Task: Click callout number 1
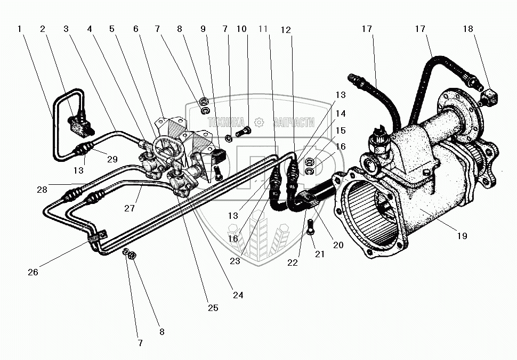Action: coord(19,29)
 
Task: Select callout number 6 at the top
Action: coord(136,29)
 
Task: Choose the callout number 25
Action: coord(213,308)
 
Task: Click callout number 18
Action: coord(468,29)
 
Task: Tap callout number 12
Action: coord(287,30)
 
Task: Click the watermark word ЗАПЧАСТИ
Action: coord(294,122)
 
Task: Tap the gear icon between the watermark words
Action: coord(259,122)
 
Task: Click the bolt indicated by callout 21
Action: coord(310,233)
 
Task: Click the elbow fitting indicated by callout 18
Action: coord(489,97)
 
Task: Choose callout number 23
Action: coord(235,261)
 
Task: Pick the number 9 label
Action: coord(203,29)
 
